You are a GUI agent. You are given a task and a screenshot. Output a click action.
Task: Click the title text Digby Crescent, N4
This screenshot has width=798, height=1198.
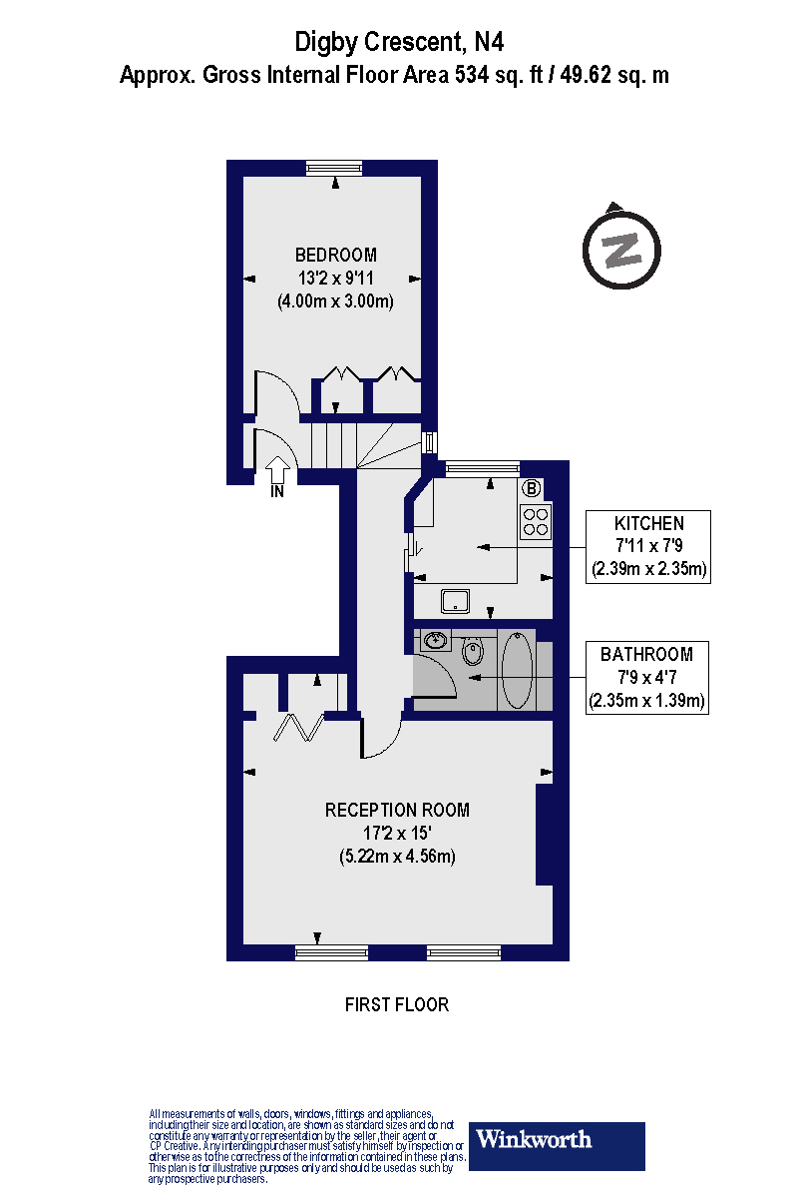(399, 42)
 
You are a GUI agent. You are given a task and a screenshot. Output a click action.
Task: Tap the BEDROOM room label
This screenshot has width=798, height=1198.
(335, 254)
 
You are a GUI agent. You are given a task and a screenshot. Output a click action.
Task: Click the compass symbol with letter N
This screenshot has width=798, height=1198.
(622, 247)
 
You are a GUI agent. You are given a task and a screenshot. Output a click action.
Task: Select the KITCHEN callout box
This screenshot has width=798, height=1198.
(648, 546)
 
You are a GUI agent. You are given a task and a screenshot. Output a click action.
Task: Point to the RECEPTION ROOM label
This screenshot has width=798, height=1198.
(397, 810)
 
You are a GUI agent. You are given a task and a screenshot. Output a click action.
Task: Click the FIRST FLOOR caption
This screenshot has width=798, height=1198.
(397, 1004)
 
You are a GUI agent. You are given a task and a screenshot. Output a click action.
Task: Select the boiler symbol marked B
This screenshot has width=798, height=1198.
(533, 488)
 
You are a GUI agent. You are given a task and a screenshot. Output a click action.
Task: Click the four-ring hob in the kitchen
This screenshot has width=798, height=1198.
(536, 521)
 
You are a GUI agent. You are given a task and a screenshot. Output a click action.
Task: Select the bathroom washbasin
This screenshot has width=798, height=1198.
(436, 640)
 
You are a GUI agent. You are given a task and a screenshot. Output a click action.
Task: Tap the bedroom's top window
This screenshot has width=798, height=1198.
(334, 168)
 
